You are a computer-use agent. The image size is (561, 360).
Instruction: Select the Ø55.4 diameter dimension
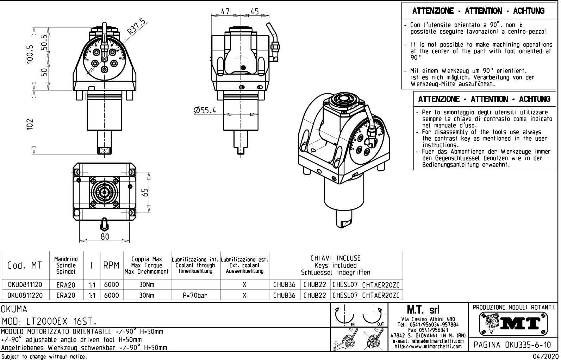[205, 110]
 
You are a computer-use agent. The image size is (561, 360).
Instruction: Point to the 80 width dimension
[105, 236]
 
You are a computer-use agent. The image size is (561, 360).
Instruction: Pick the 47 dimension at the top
[225, 11]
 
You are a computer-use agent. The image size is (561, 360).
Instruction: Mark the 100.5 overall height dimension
[31, 55]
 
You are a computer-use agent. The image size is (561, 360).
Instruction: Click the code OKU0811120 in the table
[25, 285]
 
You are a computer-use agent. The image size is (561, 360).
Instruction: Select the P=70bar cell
[195, 296]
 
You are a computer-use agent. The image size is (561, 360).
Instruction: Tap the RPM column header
[112, 266]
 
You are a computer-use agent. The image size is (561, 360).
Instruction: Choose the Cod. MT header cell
[24, 265]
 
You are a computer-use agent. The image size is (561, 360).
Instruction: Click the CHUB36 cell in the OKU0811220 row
[284, 296]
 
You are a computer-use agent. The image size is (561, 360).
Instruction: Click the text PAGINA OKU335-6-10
[513, 345]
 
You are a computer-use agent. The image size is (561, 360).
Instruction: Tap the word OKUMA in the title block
[14, 309]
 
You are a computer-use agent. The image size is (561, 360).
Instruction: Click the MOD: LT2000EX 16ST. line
[49, 321]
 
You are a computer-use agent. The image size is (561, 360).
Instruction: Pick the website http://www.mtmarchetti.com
[428, 346]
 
